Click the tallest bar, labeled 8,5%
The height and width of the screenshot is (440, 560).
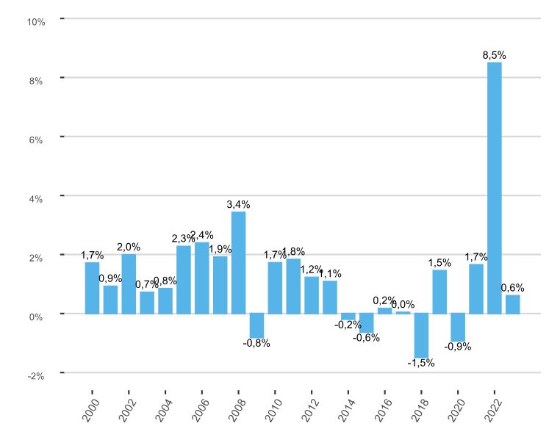pyautogui.click(x=495, y=187)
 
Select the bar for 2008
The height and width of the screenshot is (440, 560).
pyautogui.click(x=238, y=262)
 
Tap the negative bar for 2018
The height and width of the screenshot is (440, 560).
pyautogui.click(x=421, y=335)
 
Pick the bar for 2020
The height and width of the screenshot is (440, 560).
pyautogui.click(x=458, y=327)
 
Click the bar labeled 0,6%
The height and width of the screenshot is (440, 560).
pyautogui.click(x=512, y=304)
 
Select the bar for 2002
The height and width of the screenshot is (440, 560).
pyautogui.click(x=129, y=284)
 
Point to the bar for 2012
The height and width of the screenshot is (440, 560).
pyautogui.click(x=312, y=295)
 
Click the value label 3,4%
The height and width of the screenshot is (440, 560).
pyautogui.click(x=238, y=205)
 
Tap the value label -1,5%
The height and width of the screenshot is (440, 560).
pyautogui.click(x=421, y=362)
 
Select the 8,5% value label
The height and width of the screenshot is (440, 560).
pyautogui.click(x=494, y=55)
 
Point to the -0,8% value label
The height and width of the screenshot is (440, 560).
pyautogui.click(x=256, y=343)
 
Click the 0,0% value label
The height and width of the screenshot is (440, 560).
pyautogui.click(x=403, y=304)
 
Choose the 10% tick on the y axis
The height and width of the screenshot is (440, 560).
pyautogui.click(x=36, y=22)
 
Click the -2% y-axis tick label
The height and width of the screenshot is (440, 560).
pyautogui.click(x=36, y=375)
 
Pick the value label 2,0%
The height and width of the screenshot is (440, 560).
pyautogui.click(x=129, y=248)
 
